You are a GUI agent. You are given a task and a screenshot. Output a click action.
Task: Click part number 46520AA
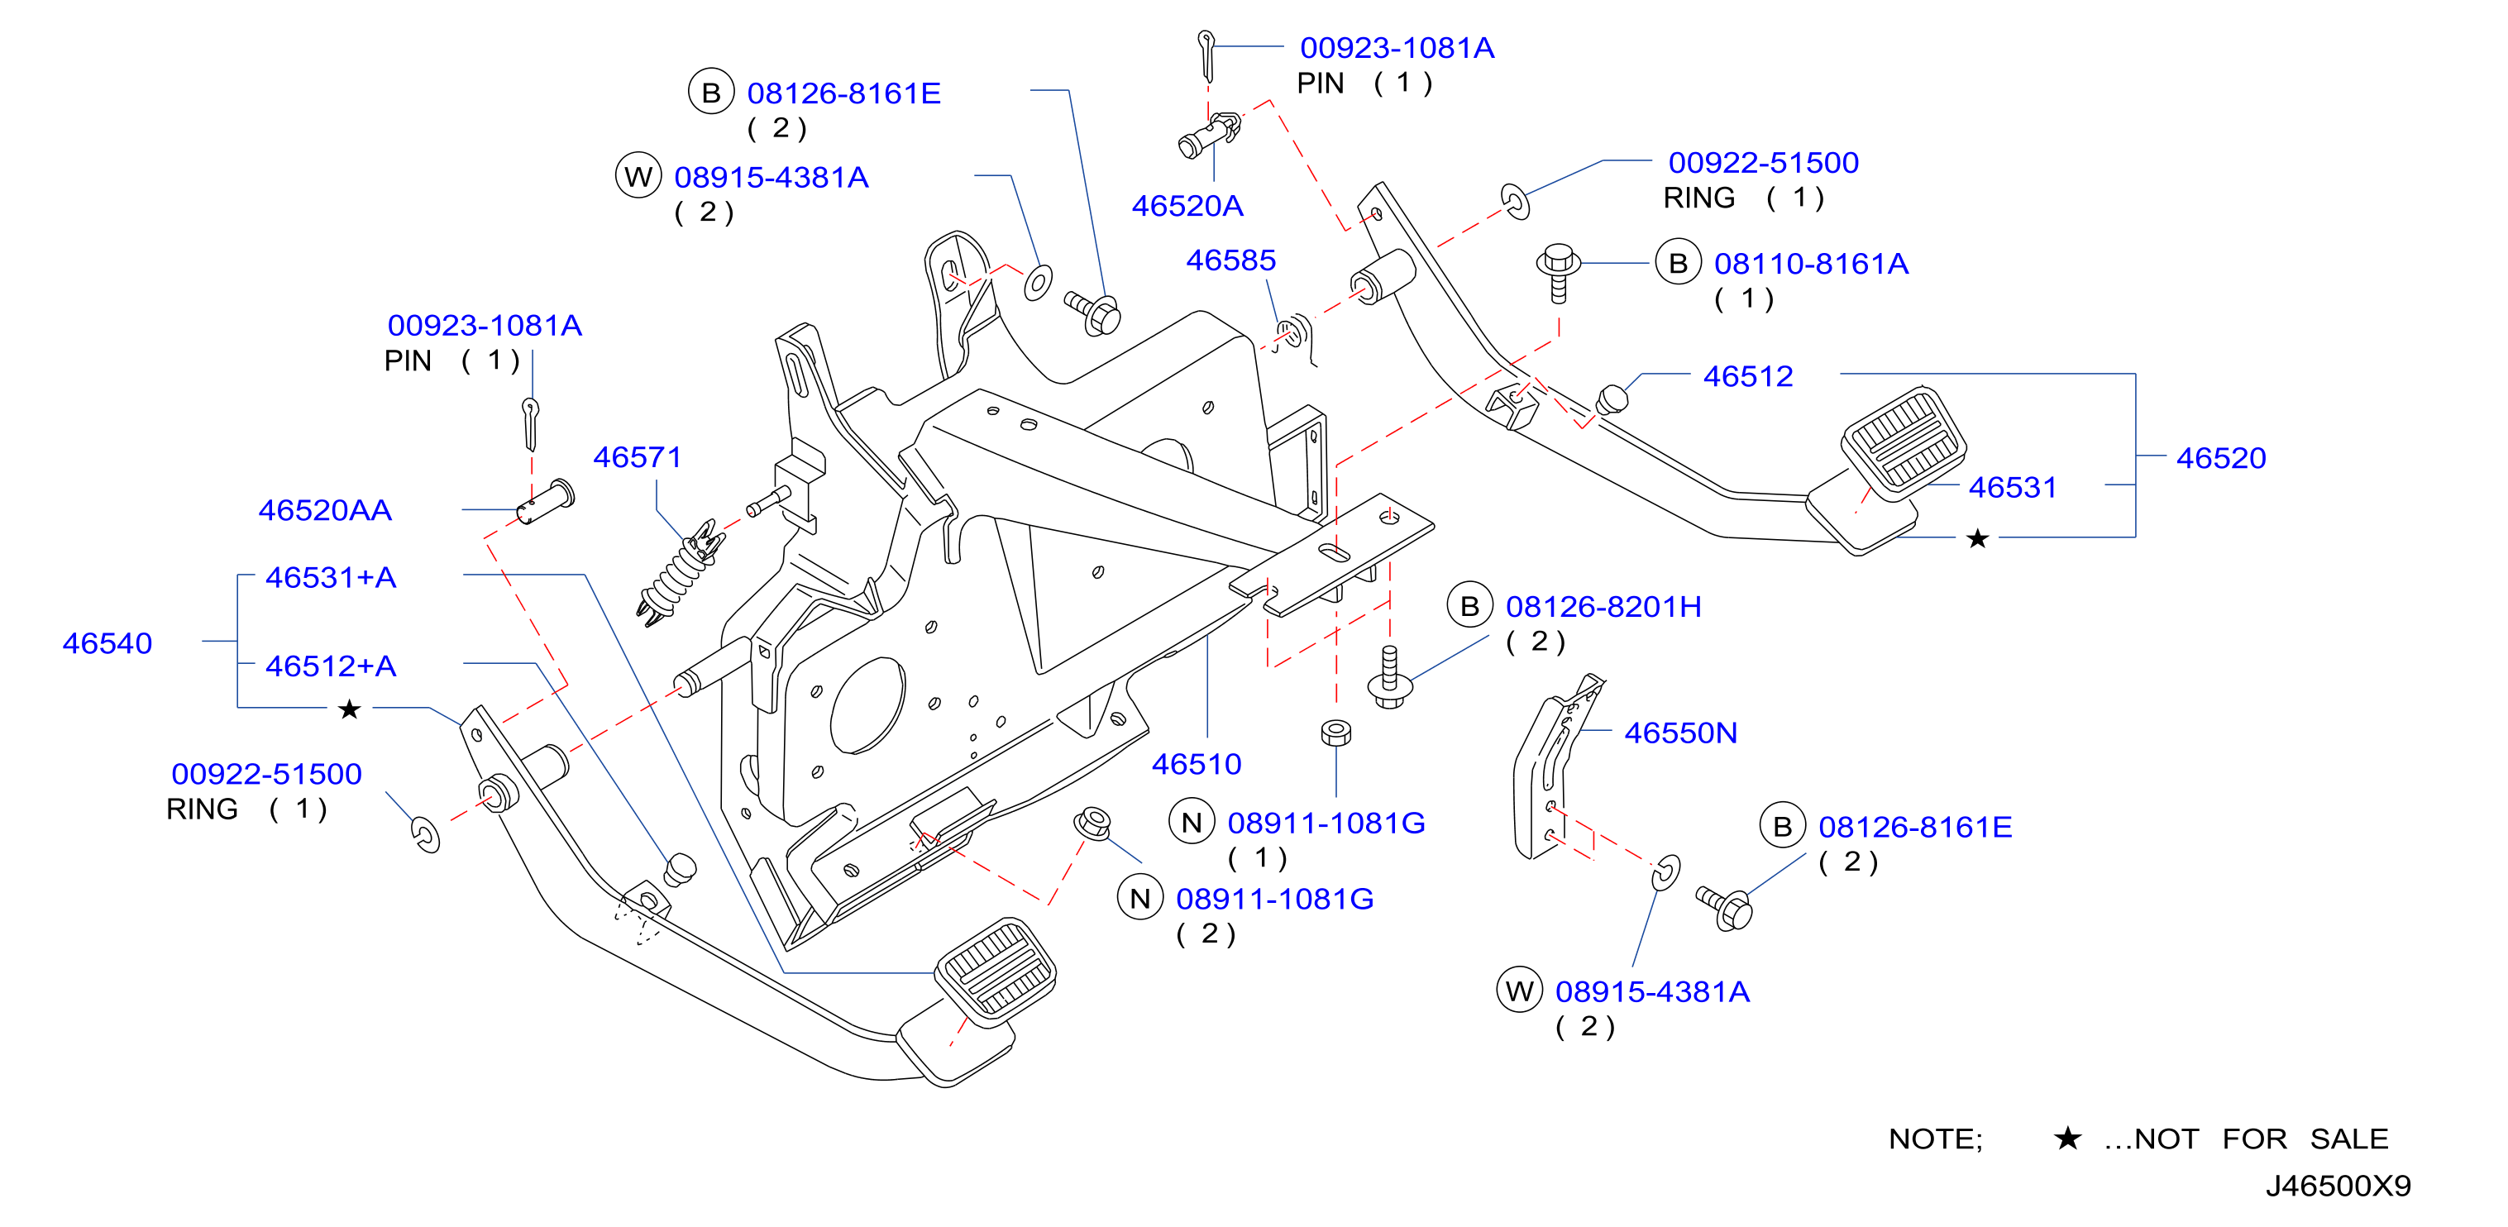(x=325, y=510)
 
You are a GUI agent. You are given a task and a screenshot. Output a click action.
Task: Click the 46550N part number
(x=1680, y=733)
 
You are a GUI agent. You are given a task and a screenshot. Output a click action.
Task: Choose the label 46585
(x=1230, y=260)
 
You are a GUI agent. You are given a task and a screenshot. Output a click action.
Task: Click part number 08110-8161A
(x=1811, y=263)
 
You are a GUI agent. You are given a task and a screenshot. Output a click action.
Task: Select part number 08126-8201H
(x=1603, y=607)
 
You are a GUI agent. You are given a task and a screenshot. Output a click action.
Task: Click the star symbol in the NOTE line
(x=2067, y=1138)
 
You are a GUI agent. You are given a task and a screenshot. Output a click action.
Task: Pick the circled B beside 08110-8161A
(x=1679, y=263)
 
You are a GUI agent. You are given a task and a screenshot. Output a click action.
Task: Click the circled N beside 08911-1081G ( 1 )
(x=1192, y=823)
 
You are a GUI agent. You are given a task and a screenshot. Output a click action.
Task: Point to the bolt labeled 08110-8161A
(x=1558, y=273)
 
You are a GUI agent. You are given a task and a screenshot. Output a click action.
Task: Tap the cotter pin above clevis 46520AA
(x=531, y=423)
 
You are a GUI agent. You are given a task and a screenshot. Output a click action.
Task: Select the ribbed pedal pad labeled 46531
(x=1904, y=443)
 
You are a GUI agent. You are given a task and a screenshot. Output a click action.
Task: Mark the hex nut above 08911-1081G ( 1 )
(x=1335, y=733)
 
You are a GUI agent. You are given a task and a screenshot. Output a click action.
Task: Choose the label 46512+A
(x=331, y=666)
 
